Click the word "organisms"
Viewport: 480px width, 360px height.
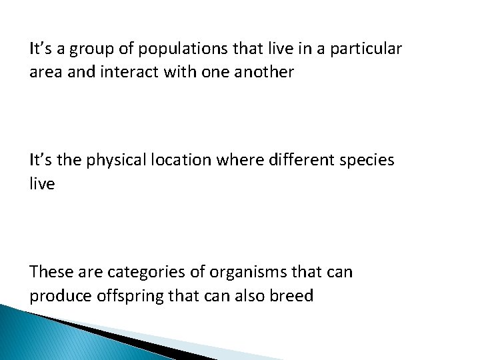coord(242,273)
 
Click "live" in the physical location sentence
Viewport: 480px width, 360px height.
coord(42,183)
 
